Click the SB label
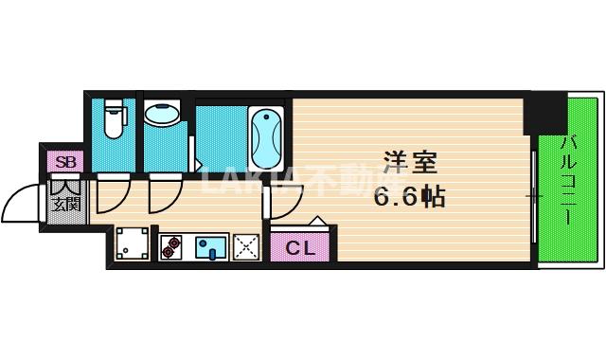(x=65, y=161)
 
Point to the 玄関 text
(x=64, y=203)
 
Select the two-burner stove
(x=171, y=248)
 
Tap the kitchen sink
(x=210, y=248)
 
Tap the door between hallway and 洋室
(x=280, y=199)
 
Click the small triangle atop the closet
(x=317, y=224)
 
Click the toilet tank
(x=113, y=105)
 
